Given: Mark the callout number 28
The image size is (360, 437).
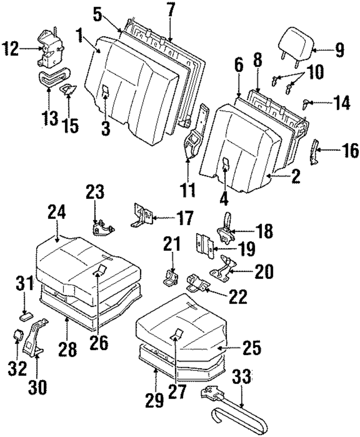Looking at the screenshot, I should click(68, 348).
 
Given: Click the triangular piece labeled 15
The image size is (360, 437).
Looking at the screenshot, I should click(67, 89).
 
